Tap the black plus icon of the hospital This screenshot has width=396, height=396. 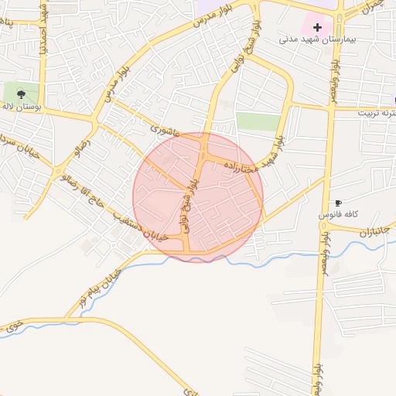(316, 27)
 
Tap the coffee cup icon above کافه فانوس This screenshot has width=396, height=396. (338, 203)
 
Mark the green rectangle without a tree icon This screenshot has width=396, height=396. (258, 121)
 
